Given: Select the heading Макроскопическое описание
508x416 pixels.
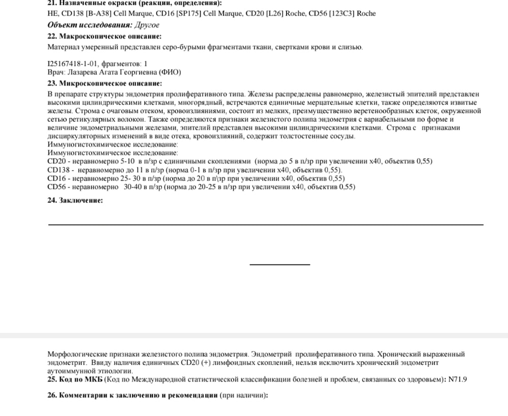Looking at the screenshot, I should click(x=111, y=37).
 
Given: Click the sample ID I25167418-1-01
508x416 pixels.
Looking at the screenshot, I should click(x=72, y=64).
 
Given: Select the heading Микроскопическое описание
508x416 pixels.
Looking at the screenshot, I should click(x=111, y=83).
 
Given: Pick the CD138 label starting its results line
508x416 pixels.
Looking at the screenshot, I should click(x=57, y=169).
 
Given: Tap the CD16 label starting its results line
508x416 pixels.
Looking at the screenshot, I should click(x=55, y=178).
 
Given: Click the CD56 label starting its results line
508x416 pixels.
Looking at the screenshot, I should click(x=55, y=187).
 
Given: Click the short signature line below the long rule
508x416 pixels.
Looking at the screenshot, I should click(x=280, y=264).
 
